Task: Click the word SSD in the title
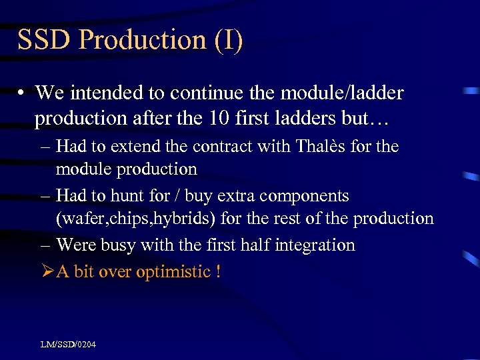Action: coord(44,40)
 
